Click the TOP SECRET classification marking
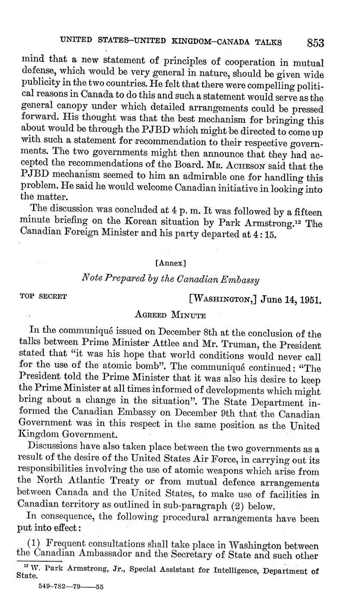pos(43,296)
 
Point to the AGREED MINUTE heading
pos(171,315)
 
